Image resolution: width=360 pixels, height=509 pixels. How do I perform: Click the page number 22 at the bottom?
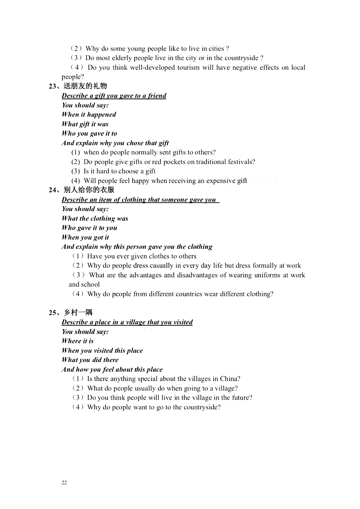(x=64, y=483)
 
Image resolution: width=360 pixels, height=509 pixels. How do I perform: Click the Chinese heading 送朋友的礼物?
(x=85, y=86)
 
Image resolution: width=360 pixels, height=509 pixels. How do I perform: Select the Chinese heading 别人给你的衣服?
(x=89, y=190)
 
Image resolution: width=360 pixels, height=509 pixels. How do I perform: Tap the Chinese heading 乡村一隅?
(x=78, y=312)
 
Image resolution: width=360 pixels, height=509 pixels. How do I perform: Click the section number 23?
(x=52, y=86)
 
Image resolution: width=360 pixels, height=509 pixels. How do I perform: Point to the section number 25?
(x=52, y=313)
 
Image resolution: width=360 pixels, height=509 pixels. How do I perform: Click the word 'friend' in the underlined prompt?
(x=157, y=96)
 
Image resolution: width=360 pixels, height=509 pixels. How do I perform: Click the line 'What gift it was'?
(x=85, y=124)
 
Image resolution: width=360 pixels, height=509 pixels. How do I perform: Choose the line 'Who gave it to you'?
(x=89, y=228)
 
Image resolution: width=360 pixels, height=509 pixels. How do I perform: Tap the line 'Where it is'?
(x=78, y=341)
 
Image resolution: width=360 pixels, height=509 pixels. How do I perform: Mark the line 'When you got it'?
(x=85, y=237)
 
